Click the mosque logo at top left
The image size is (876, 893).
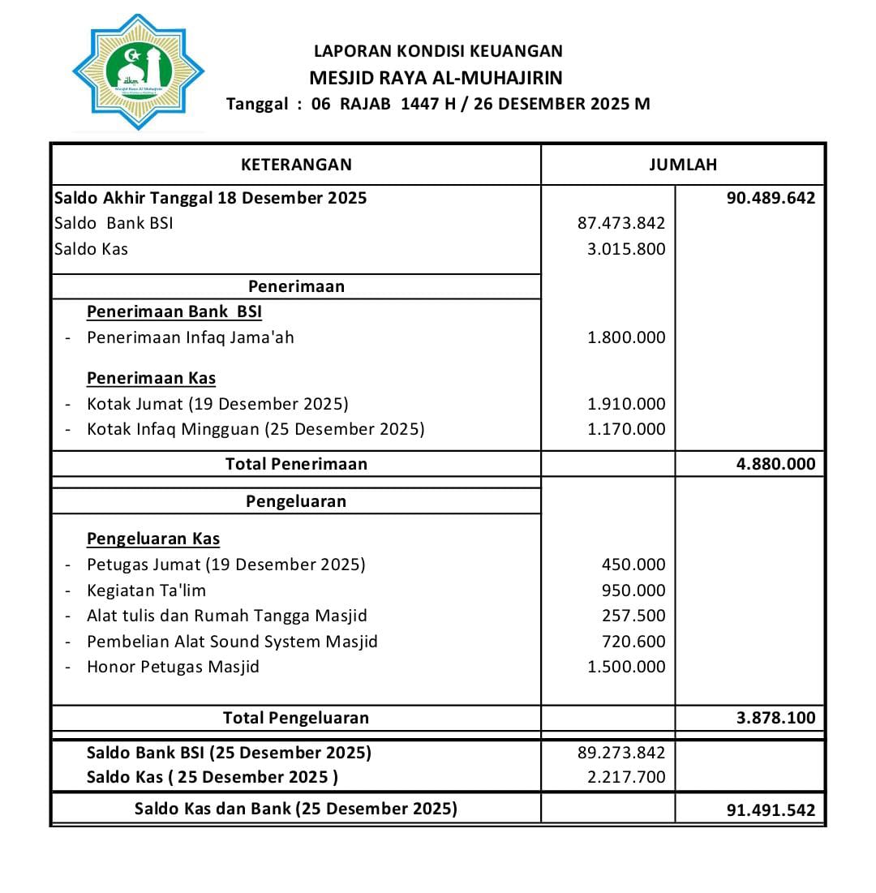click(x=138, y=72)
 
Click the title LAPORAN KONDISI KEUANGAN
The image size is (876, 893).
click(x=438, y=51)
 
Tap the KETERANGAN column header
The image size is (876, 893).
click(x=296, y=165)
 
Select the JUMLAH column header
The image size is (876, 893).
click(x=683, y=165)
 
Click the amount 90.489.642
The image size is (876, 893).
click(x=771, y=198)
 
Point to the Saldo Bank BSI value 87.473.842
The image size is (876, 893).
click(x=620, y=223)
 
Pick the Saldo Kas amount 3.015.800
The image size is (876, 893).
click(x=625, y=249)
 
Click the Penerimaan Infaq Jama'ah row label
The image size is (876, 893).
click(x=190, y=337)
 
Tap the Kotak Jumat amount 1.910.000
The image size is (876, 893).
click(x=625, y=404)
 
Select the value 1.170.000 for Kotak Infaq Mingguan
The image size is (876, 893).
click(x=625, y=429)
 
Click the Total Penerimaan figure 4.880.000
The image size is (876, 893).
click(x=775, y=464)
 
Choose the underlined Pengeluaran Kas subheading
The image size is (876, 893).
click(x=153, y=539)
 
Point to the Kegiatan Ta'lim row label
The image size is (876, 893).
click(x=146, y=590)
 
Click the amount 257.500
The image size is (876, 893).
click(x=633, y=616)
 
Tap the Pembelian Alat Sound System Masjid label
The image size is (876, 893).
click(x=232, y=642)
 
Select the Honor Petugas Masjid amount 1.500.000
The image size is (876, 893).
click(x=625, y=667)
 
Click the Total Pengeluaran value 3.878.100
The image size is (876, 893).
click(x=775, y=718)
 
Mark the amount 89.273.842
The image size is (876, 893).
click(x=620, y=753)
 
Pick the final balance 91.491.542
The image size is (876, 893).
click(x=771, y=809)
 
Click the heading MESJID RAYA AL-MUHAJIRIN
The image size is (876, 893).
click(x=436, y=78)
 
